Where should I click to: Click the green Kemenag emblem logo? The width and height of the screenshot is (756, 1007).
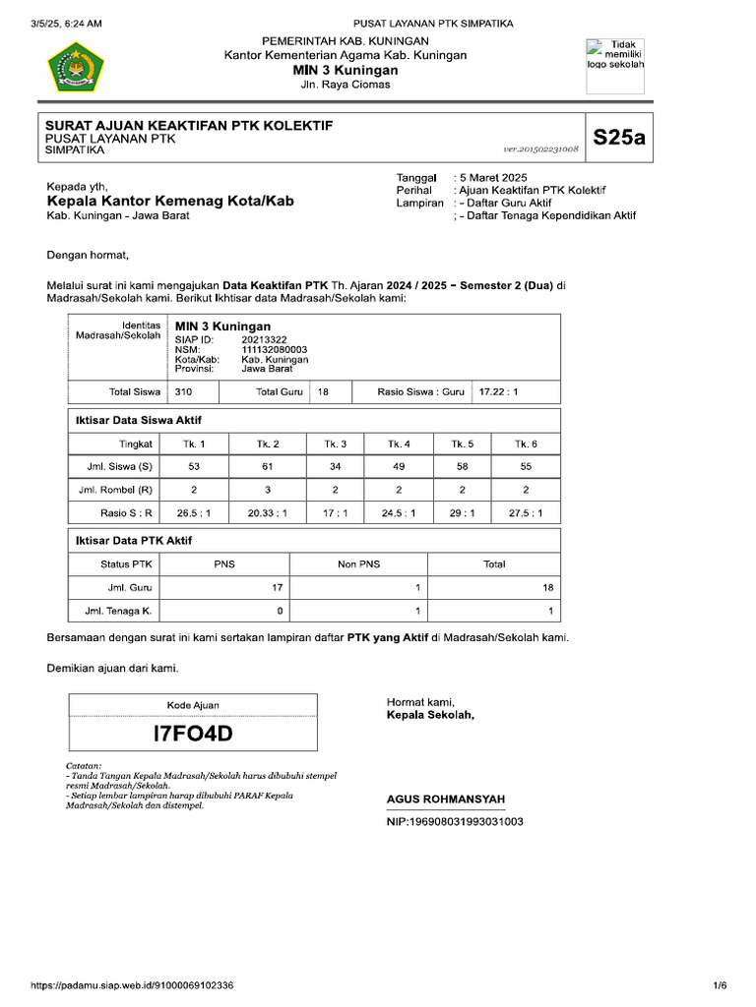(76, 66)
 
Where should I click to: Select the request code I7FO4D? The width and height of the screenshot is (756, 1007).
(193, 734)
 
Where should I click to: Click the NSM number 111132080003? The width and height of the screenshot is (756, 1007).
(275, 349)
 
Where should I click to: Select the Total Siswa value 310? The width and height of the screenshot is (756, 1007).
(183, 391)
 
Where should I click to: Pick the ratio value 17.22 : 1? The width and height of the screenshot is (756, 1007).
(498, 391)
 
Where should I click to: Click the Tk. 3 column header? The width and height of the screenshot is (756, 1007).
(335, 444)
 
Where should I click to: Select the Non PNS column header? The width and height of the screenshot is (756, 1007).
(358, 564)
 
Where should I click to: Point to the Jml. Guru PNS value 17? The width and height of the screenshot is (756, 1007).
(278, 587)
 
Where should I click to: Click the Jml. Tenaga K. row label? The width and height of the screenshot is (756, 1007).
(114, 612)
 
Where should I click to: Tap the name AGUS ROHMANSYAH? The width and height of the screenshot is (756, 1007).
(445, 800)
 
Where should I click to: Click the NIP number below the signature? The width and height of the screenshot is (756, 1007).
(455, 821)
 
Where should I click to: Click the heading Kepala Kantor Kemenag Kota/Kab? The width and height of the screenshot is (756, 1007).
(170, 202)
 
